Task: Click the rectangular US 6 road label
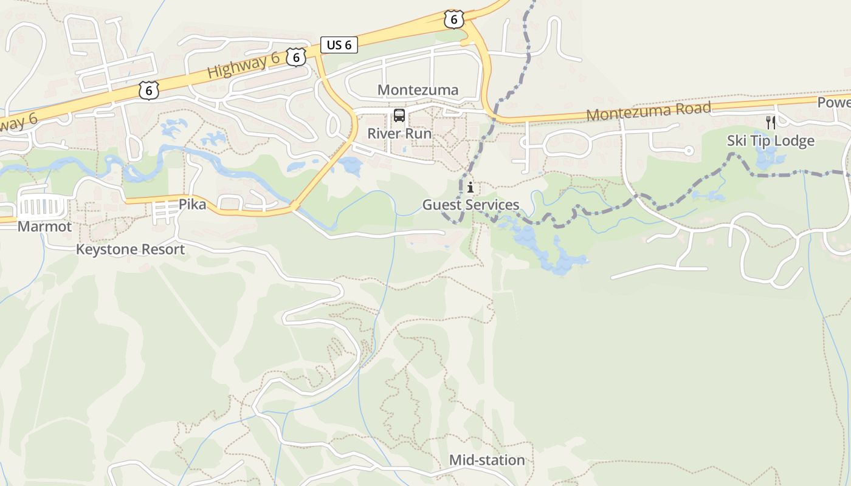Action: click(x=339, y=44)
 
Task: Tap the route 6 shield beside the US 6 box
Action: click(x=295, y=57)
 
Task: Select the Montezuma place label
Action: click(x=418, y=90)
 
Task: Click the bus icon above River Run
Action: click(x=399, y=115)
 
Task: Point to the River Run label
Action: click(x=399, y=134)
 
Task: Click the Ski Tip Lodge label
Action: click(x=770, y=141)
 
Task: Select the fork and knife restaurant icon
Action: click(x=770, y=123)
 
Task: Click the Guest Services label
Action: click(x=470, y=205)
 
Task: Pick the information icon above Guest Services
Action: click(x=470, y=187)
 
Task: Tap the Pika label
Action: click(x=192, y=205)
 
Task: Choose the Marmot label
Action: click(x=44, y=227)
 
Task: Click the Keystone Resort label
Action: click(x=130, y=249)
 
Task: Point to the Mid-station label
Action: click(x=486, y=460)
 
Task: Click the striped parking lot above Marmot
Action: click(x=40, y=207)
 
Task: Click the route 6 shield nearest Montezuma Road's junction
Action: click(x=453, y=19)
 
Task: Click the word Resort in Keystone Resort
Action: click(x=161, y=249)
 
